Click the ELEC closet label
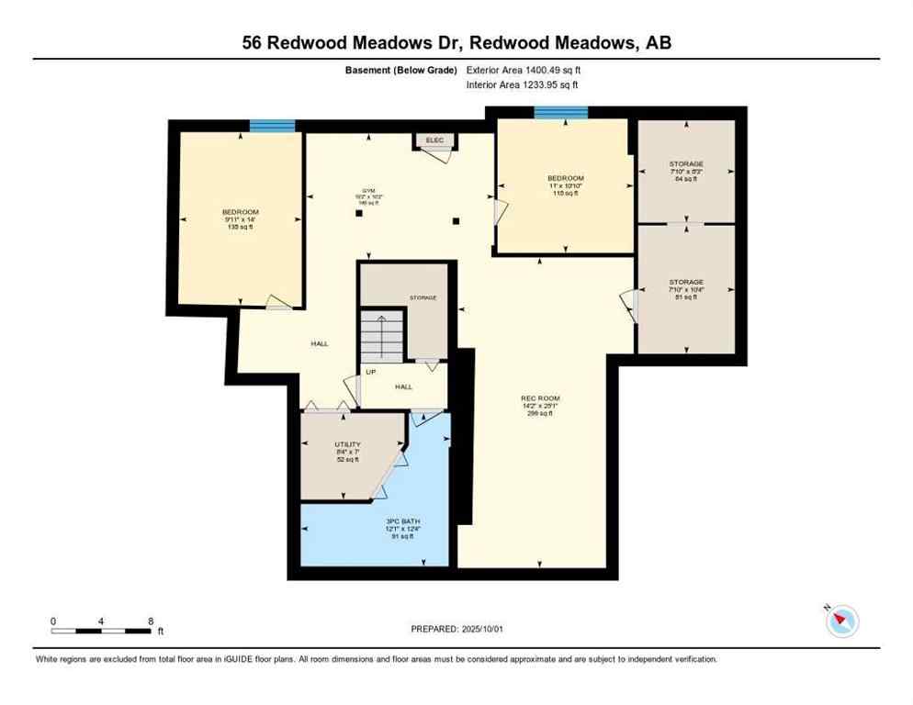coord(434,140)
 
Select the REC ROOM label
coord(539,398)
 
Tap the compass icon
coord(840,621)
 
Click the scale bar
coord(101,630)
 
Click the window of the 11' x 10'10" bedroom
coord(561,113)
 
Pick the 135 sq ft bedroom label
coord(241,219)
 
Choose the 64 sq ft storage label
coord(685,172)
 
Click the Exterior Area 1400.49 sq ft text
coord(524,70)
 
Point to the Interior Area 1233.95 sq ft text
coord(523,85)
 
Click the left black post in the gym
coord(358,214)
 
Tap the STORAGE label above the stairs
coord(423,297)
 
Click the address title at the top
coord(456,42)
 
